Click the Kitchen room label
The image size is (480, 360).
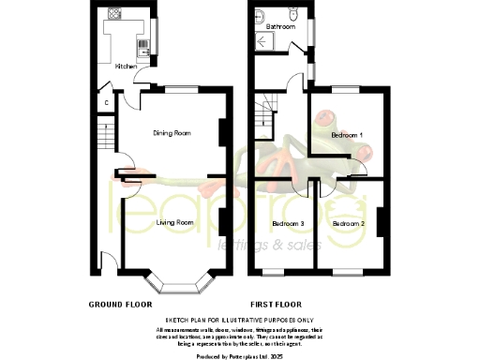point(126,67)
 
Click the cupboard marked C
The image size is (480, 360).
point(107,101)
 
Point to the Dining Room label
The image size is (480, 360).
point(172,132)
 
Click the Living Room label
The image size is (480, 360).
point(174,222)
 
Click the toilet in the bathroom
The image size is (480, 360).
point(293,14)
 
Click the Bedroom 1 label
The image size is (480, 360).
point(349,135)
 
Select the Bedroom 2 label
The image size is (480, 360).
point(348,224)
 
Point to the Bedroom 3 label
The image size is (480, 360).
point(288,224)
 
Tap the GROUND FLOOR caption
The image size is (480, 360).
point(120,305)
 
